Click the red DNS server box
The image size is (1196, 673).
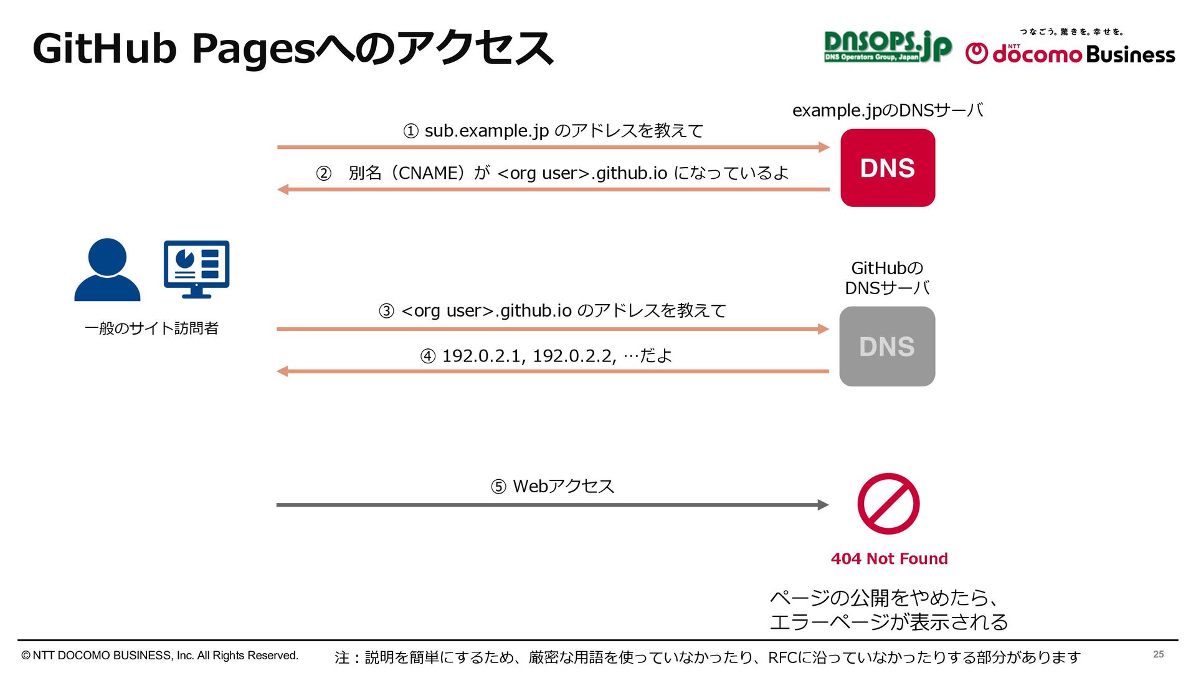(x=888, y=168)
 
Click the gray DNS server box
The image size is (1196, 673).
(x=887, y=346)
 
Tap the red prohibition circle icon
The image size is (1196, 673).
(x=888, y=504)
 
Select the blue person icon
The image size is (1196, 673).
(x=107, y=270)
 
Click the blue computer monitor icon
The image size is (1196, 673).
(x=196, y=269)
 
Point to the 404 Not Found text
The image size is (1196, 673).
(x=889, y=558)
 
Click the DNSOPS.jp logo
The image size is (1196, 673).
(x=887, y=47)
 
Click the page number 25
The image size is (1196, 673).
(x=1158, y=654)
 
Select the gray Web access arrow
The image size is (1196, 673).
(x=552, y=505)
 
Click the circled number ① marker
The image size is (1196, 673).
(x=411, y=131)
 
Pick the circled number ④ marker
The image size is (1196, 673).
(x=427, y=356)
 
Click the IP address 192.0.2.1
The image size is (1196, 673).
(x=481, y=356)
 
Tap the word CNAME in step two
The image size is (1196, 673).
(x=429, y=173)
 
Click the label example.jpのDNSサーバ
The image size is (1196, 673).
(x=887, y=110)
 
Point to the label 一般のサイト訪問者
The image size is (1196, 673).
(x=151, y=328)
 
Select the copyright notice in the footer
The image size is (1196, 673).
(x=160, y=656)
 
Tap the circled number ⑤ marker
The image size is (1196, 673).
(x=498, y=487)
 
